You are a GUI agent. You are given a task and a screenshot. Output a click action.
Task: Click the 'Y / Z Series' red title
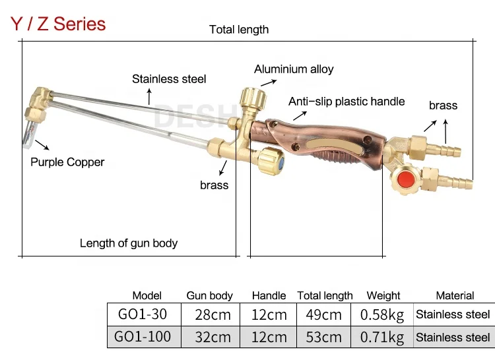pos(58,24)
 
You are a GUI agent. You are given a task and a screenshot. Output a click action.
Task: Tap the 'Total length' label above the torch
pos(239,30)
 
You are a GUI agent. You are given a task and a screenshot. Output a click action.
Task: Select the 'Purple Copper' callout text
pos(67,162)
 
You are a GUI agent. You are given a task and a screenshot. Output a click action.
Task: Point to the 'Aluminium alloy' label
pos(294,69)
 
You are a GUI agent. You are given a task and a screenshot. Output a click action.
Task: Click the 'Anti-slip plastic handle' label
pos(346,102)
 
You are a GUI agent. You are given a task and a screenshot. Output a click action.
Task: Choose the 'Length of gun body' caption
pos(129,243)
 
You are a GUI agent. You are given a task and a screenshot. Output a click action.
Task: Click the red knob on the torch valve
pos(404,179)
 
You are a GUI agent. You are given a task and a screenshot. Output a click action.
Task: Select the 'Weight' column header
pos(383,296)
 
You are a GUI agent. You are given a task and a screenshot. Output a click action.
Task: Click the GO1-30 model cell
pos(142,315)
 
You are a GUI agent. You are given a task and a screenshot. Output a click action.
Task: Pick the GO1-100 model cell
pos(143,337)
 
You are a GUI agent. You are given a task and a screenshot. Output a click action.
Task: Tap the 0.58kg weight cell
pos(382,315)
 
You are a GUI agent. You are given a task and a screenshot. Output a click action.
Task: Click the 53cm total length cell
pos(324,337)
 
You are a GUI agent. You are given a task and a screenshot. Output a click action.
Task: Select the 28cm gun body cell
pos(213,315)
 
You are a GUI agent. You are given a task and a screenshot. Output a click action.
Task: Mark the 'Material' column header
pos(455,296)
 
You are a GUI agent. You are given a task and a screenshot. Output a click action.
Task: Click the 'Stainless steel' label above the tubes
pos(169,79)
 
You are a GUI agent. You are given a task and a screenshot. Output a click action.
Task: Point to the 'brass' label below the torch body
pos(214,185)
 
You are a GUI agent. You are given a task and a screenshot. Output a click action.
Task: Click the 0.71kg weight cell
pos(382,337)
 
